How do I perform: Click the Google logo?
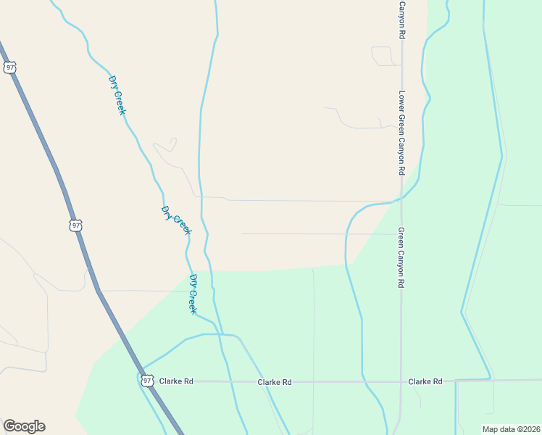point(24,426)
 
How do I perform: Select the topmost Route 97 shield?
point(9,67)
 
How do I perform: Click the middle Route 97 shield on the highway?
point(76,225)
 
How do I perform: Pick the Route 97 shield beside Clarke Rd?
point(147,380)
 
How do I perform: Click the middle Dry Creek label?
point(176,220)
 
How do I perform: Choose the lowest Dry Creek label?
point(193,294)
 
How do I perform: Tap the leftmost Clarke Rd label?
point(176,381)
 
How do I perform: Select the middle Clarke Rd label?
point(275,381)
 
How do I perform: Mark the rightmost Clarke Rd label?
point(425,381)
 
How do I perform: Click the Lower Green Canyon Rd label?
point(401,133)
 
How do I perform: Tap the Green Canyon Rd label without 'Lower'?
point(401,257)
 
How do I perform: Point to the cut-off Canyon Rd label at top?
point(401,19)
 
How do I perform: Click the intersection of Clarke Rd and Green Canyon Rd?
point(401,381)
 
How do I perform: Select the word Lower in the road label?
point(401,101)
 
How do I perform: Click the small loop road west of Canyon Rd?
point(381,56)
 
